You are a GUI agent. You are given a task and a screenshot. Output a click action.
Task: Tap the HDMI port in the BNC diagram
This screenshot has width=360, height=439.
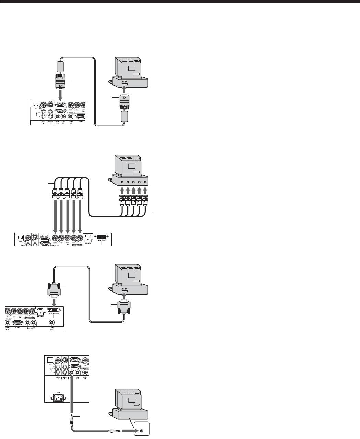(89, 236)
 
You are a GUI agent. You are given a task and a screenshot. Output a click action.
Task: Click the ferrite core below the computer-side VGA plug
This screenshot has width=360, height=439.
(124, 116)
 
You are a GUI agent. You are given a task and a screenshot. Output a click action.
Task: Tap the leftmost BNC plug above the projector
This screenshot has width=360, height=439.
(54, 194)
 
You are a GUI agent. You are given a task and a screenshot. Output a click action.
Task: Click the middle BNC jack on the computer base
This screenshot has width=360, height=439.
(134, 182)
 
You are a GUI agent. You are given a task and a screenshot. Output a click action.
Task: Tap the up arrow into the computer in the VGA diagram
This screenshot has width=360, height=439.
(125, 89)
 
